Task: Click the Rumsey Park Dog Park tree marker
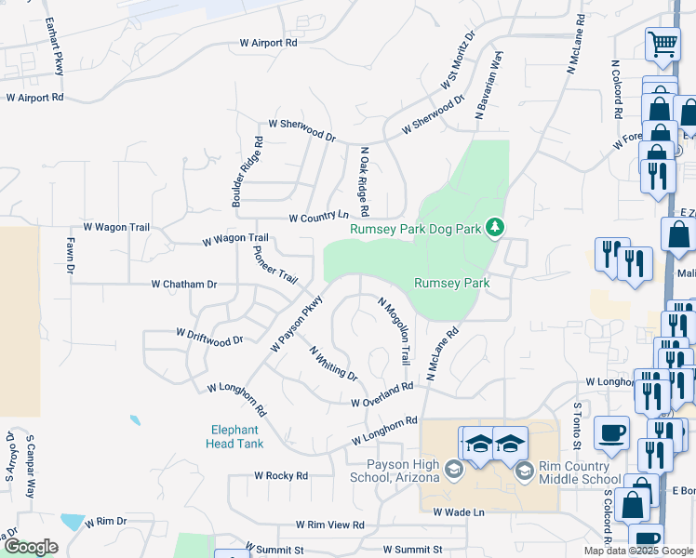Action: pyautogui.click(x=496, y=227)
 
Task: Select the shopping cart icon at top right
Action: pyautogui.click(x=663, y=43)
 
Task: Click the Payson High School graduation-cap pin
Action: pyautogui.click(x=453, y=468)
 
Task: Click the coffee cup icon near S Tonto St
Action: pyautogui.click(x=611, y=432)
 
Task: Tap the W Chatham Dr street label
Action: pyautogui.click(x=184, y=284)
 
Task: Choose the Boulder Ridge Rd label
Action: pyautogui.click(x=248, y=172)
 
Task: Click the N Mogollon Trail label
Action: pyautogui.click(x=395, y=330)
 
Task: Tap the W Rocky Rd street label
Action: pyautogui.click(x=281, y=475)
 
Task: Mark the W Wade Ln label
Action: pyautogui.click(x=459, y=511)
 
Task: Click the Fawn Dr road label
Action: pyautogui.click(x=70, y=256)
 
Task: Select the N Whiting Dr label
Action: pyautogui.click(x=333, y=363)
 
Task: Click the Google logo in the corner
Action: pyautogui.click(x=31, y=547)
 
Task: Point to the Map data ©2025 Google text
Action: pyautogui.click(x=637, y=551)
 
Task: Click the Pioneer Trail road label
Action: pyautogui.click(x=276, y=265)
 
